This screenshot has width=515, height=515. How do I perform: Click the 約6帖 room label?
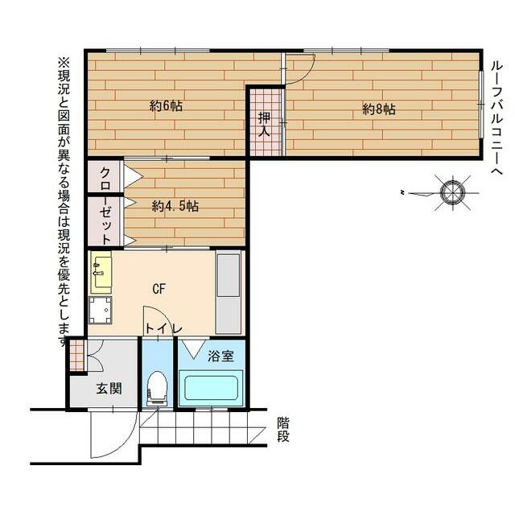(167, 105)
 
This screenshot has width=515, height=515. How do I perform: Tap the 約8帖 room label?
(379, 109)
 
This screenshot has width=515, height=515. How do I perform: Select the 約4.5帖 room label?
(175, 206)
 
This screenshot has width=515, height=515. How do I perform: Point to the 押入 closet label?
(264, 125)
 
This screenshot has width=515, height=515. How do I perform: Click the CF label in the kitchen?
(159, 289)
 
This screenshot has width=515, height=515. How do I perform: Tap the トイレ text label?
(163, 328)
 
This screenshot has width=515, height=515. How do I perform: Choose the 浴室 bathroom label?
(220, 356)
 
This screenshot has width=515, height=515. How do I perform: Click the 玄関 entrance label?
(109, 389)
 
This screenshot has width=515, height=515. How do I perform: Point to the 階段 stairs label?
(283, 429)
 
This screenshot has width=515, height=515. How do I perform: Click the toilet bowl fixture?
(158, 388)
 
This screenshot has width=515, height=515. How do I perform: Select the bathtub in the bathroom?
(211, 388)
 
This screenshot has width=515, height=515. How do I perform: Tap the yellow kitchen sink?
(101, 272)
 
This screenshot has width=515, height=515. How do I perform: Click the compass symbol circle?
(452, 193)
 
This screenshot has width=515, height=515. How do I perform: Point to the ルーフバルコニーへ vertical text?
(497, 118)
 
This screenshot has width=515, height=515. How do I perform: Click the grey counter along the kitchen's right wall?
(228, 293)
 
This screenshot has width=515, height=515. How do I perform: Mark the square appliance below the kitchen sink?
(101, 311)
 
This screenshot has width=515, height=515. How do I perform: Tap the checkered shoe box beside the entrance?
(77, 356)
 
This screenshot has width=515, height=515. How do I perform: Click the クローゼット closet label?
(105, 205)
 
